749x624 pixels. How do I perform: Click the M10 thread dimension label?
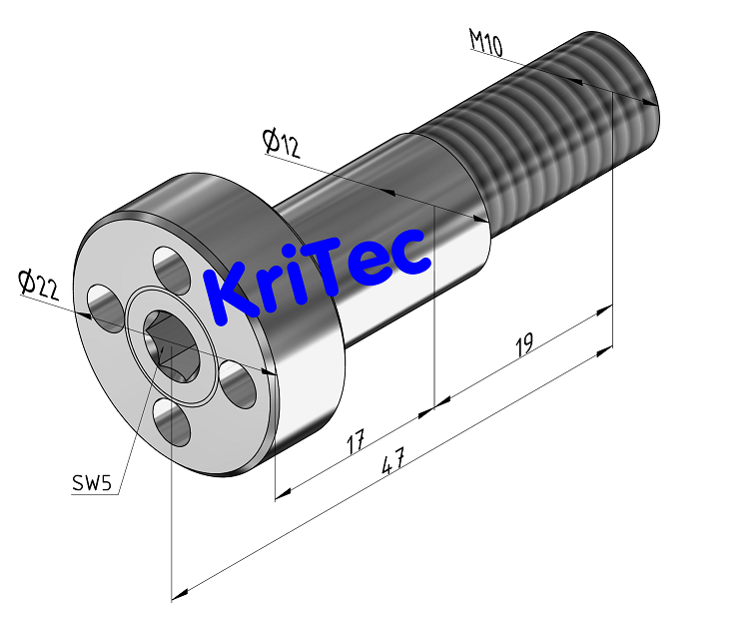(x=485, y=43)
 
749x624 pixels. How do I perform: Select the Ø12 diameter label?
(x=283, y=144)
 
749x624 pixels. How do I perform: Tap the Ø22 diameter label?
(x=39, y=286)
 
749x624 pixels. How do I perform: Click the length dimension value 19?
(x=523, y=346)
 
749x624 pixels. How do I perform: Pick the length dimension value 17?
(x=354, y=440)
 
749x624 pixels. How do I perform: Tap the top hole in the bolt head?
(x=172, y=270)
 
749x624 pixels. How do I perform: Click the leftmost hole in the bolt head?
(x=104, y=304)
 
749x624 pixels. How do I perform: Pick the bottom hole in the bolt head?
(x=173, y=423)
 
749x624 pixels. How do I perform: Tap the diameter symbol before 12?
(x=271, y=141)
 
